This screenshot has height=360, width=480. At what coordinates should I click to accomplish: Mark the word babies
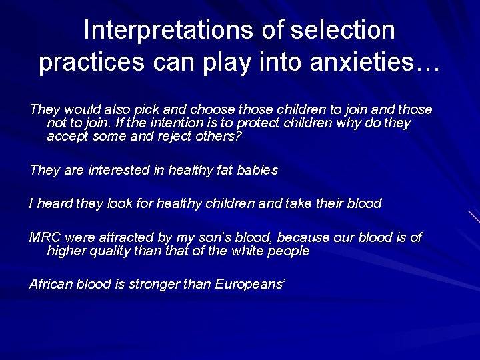pos(257,170)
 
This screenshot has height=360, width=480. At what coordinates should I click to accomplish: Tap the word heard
pos(55,204)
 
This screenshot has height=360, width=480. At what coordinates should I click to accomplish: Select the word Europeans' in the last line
pos(251,285)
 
